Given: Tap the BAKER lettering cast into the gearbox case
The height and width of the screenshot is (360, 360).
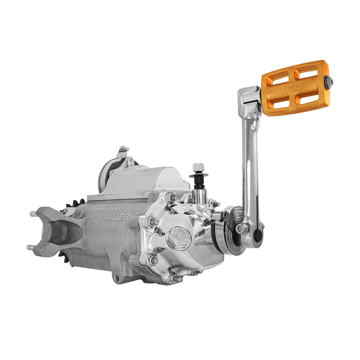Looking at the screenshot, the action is coord(114,217).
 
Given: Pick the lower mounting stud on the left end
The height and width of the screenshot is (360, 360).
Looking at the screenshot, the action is coord(31,247).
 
